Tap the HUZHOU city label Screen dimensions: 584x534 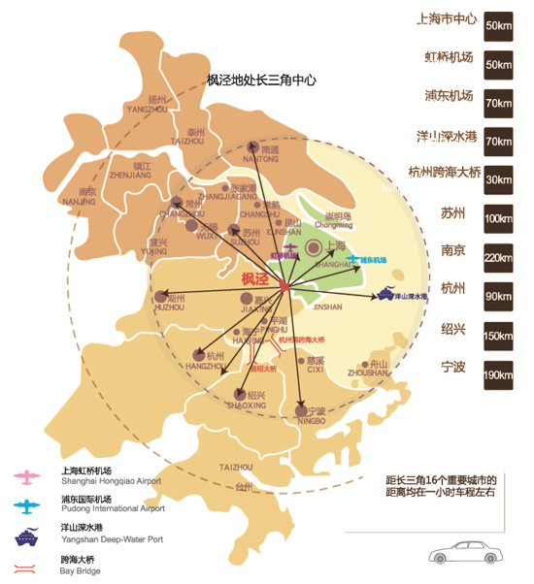click(x=169, y=308)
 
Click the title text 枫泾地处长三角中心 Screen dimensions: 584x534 click(x=262, y=81)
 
